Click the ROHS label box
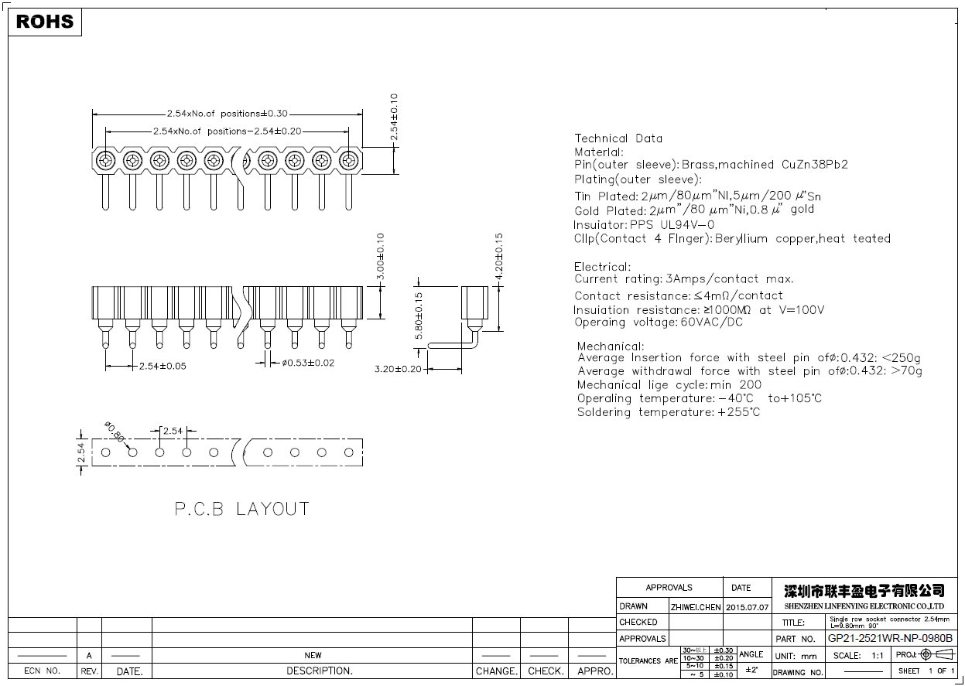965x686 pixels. click(x=45, y=22)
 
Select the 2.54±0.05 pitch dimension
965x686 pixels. click(x=163, y=366)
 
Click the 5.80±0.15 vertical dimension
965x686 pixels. click(x=419, y=315)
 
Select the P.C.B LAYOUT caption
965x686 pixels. click(x=241, y=509)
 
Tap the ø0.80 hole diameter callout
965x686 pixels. click(x=114, y=432)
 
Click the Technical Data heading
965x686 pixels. click(x=618, y=138)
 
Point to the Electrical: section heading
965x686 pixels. click(x=602, y=267)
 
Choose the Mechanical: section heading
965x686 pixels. click(x=611, y=346)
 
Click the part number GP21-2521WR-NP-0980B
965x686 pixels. click(x=890, y=639)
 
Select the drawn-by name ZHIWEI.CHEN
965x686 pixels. click(x=696, y=607)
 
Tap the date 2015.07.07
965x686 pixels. click(x=747, y=607)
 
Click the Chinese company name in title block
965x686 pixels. click(x=864, y=591)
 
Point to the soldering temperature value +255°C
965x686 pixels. click(x=738, y=412)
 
